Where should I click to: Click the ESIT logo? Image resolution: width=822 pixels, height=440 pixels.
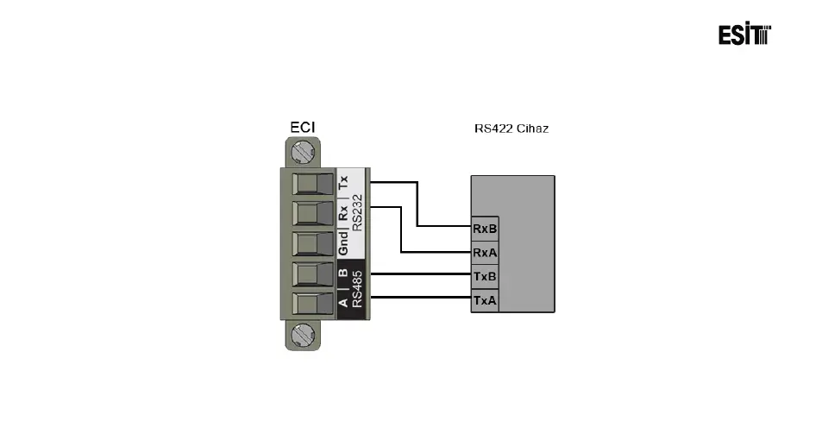click(x=744, y=35)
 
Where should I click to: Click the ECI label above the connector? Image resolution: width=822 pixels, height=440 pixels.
click(x=302, y=128)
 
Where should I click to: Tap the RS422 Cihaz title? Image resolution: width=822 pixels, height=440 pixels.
click(x=511, y=129)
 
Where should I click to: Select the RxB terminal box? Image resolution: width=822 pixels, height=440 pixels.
click(x=485, y=229)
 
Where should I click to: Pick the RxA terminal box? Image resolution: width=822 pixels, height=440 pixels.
click(x=485, y=253)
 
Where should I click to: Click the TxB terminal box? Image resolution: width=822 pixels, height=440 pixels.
click(x=485, y=277)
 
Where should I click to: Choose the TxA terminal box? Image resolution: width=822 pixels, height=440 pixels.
click(x=485, y=300)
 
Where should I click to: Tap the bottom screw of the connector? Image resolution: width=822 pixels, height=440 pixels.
click(x=302, y=334)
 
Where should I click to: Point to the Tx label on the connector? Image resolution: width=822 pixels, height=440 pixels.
click(x=343, y=183)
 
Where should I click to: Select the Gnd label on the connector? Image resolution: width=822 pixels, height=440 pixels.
click(x=343, y=244)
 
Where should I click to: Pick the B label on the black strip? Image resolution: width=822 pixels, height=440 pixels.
click(x=343, y=273)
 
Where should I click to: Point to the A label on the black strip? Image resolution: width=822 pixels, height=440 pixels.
click(x=343, y=302)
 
